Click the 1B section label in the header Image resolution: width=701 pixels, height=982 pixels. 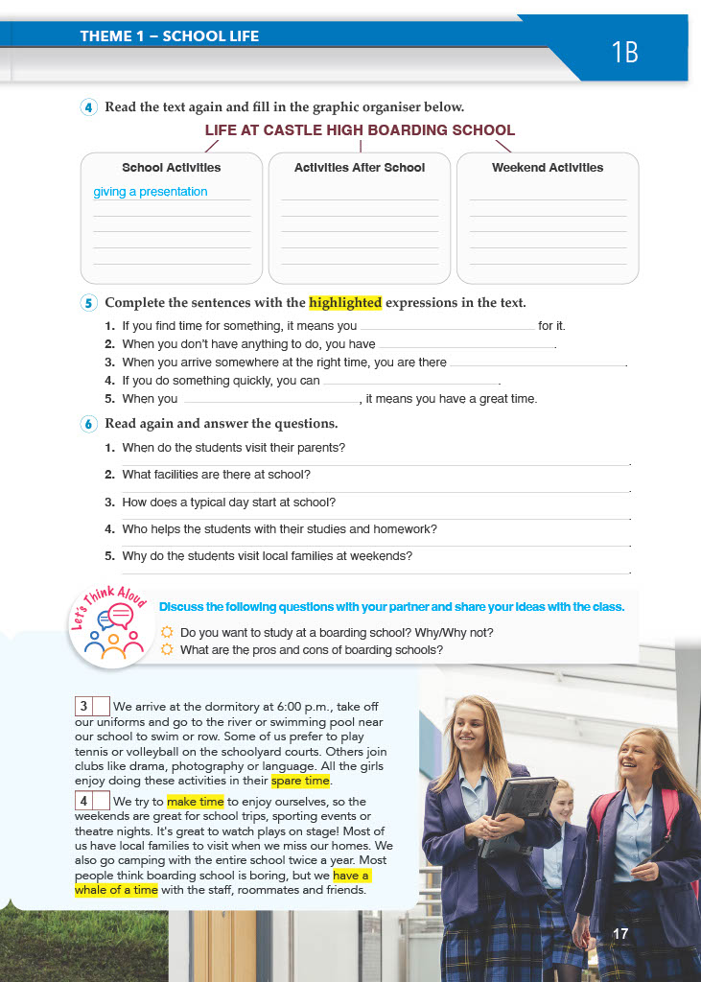tap(624, 52)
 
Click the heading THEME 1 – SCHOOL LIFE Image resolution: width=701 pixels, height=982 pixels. tap(170, 37)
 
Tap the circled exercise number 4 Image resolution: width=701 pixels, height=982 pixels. tap(89, 107)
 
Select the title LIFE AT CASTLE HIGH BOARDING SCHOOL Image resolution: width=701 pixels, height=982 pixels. tap(360, 130)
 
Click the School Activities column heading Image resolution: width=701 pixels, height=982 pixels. tap(171, 168)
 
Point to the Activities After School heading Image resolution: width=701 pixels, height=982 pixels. tap(360, 168)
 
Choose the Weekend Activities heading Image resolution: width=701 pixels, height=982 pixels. tap(548, 168)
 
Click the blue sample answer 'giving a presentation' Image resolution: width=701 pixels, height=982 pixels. tap(151, 192)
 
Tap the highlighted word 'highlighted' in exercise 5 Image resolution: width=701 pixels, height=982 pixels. tap(345, 303)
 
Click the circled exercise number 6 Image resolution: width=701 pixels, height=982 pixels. tap(89, 424)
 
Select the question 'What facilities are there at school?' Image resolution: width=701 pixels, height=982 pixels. tap(216, 475)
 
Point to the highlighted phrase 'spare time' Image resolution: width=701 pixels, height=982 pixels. tap(300, 781)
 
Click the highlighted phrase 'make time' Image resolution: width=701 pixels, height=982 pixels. tap(195, 802)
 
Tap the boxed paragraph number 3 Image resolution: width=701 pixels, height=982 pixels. tap(84, 707)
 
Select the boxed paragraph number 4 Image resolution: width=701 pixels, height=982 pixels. tap(84, 801)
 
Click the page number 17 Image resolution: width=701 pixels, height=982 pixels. tap(620, 933)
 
